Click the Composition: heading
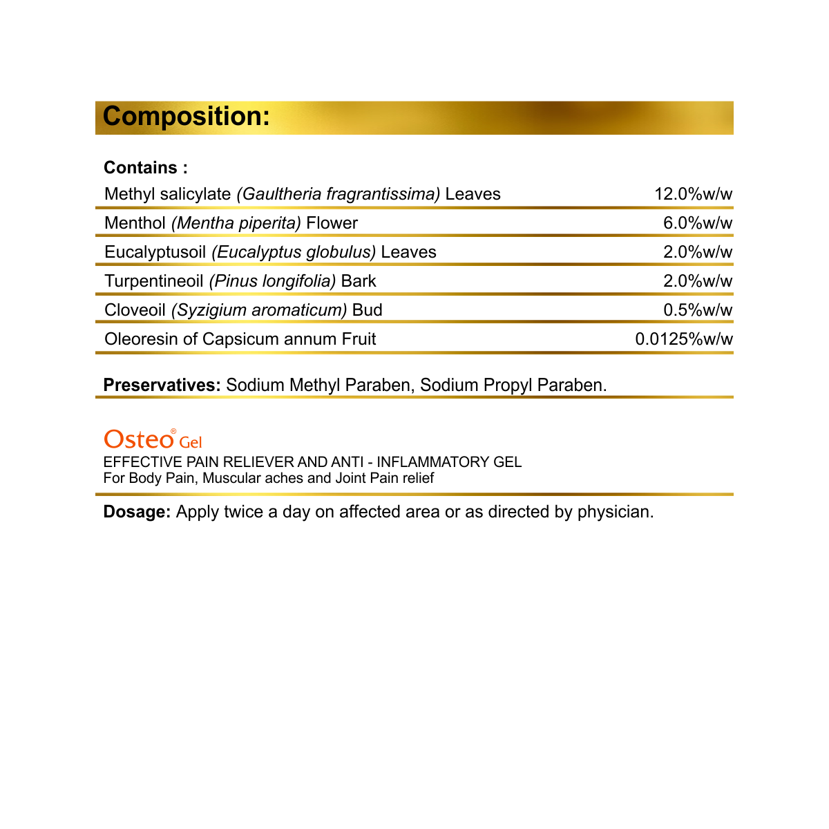[x=186, y=117]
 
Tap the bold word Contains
[x=141, y=168]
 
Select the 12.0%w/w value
[x=693, y=194]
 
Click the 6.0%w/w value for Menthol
[x=698, y=223]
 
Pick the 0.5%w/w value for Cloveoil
[x=698, y=310]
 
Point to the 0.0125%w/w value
[x=684, y=339]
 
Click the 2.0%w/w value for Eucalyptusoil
[x=698, y=252]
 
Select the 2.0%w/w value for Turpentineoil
[x=698, y=281]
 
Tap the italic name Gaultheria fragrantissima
[x=339, y=194]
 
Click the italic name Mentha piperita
[x=236, y=223]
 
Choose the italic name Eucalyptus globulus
[x=294, y=252]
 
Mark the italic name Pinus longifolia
[x=272, y=281]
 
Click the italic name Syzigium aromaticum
[x=259, y=310]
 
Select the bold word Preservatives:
[x=162, y=385]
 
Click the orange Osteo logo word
[x=138, y=439]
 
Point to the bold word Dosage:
[x=137, y=512]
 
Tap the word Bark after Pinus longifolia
[x=359, y=281]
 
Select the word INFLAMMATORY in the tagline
[x=433, y=462]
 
